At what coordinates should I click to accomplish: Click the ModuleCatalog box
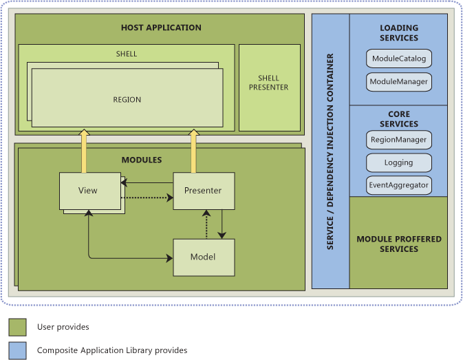(x=399, y=59)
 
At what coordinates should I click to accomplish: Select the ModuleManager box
(x=399, y=82)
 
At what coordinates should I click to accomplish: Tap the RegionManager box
(x=399, y=140)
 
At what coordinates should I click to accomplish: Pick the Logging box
(x=399, y=163)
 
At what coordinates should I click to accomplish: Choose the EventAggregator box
(x=399, y=185)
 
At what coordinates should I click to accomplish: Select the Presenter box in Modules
(x=203, y=191)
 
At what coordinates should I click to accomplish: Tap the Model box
(x=203, y=257)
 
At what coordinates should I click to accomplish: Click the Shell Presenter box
(x=269, y=87)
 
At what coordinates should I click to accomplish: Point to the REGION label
(x=127, y=100)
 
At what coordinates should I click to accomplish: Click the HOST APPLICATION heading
(x=161, y=28)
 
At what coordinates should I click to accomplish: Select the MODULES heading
(x=142, y=160)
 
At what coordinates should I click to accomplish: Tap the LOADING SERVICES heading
(x=399, y=33)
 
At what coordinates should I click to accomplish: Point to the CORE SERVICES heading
(x=399, y=119)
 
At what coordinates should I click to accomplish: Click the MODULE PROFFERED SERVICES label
(x=399, y=244)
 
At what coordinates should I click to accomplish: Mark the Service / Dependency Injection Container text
(x=330, y=151)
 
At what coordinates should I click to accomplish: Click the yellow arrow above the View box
(x=84, y=148)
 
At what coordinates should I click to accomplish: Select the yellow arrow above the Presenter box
(x=193, y=148)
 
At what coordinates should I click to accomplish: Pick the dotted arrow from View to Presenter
(x=147, y=198)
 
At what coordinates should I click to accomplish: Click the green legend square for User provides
(x=18, y=326)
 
